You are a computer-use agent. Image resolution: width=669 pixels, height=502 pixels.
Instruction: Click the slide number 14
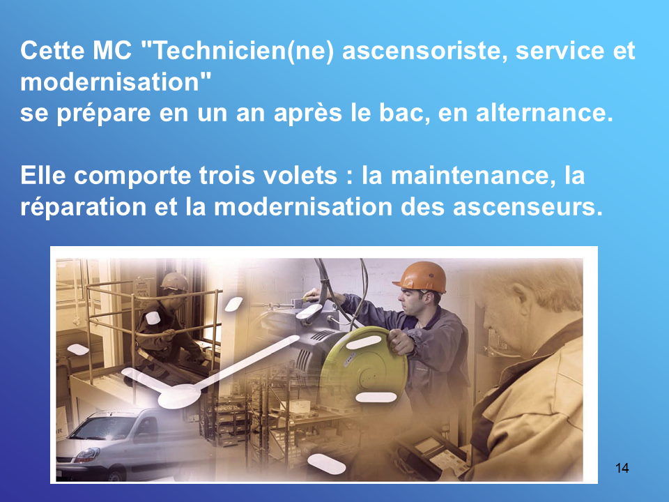(x=622, y=468)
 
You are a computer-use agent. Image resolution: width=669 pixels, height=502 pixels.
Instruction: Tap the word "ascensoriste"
(x=425, y=51)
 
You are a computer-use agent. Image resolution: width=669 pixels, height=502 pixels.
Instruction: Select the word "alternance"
(x=544, y=113)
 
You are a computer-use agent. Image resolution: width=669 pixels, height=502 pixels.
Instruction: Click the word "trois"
(x=226, y=176)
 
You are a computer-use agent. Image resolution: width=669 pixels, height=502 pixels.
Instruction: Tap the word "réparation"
(x=84, y=207)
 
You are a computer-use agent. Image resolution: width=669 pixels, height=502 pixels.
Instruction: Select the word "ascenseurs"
(x=528, y=207)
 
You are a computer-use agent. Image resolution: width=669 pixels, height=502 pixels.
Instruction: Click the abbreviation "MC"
(x=112, y=51)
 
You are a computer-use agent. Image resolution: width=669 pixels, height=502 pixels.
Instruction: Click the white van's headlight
(x=86, y=455)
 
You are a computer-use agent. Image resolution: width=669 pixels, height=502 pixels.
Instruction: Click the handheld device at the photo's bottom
(x=431, y=457)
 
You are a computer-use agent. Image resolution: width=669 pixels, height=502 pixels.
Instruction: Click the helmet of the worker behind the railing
(x=174, y=282)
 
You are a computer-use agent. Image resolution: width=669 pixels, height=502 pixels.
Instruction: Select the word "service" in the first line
(x=560, y=51)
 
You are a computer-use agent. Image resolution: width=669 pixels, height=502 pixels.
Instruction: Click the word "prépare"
(x=104, y=114)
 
